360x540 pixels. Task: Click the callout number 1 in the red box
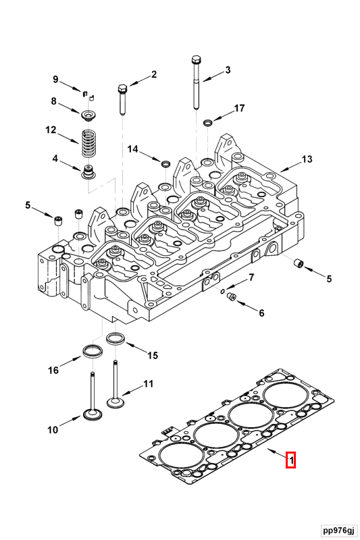[x=290, y=460]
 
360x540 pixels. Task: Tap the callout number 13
[x=307, y=159]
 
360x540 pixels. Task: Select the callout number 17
[x=239, y=108]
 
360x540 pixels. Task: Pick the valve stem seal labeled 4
[x=88, y=172]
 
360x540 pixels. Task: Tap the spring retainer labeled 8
[x=88, y=115]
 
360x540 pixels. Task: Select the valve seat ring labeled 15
[x=115, y=339]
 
